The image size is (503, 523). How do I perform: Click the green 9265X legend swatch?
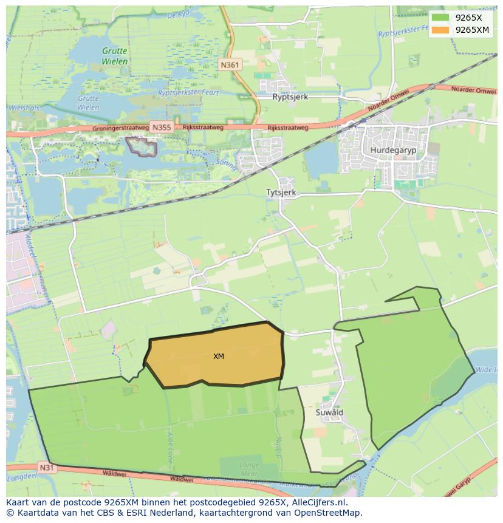coord(440,18)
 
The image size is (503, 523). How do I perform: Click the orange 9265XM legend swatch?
coord(440,30)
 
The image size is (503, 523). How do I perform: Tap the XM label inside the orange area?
coord(219,357)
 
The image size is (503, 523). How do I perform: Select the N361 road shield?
coord(230,65)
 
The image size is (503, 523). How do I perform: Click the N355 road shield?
coord(162,128)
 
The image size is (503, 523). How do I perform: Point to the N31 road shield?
coord(46,468)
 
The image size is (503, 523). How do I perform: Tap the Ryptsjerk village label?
coord(290,97)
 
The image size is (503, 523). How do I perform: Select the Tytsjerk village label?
coord(281,192)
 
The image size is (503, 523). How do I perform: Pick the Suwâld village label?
coord(330,412)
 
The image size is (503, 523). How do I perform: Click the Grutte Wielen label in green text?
coord(115,56)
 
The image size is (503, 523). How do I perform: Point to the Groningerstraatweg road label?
coord(121,129)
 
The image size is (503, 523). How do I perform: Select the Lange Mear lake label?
coord(249,470)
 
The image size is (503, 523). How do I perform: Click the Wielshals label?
coord(23,108)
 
